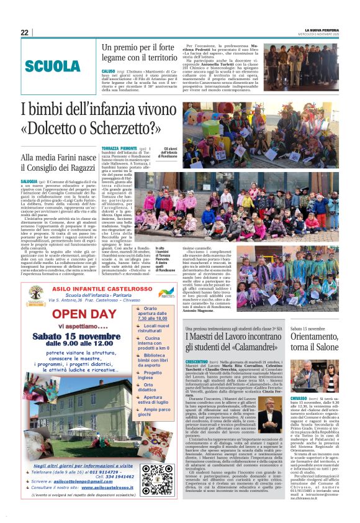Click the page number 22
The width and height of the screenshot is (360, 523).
(24, 32)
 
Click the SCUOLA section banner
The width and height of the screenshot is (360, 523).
(53, 66)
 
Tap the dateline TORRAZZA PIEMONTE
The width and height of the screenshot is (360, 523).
(119, 148)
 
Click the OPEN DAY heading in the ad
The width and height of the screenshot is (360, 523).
(85, 312)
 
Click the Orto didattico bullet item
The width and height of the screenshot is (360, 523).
(152, 387)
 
